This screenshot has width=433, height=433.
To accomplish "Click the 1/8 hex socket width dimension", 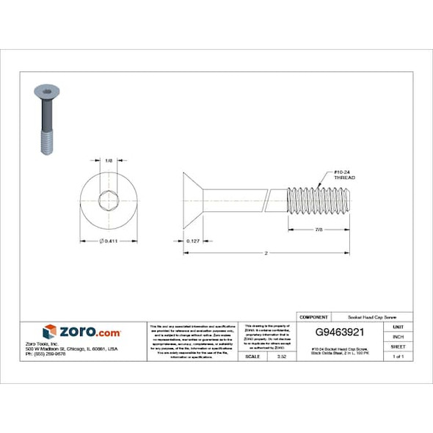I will [x=109, y=160].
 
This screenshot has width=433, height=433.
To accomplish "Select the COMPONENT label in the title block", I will [x=314, y=316].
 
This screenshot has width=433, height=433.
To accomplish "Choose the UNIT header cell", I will [x=398, y=327].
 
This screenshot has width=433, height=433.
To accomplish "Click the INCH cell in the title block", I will [x=398, y=336].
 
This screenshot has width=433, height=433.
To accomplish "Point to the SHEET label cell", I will [x=398, y=346].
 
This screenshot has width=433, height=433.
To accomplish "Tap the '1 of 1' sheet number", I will [x=398, y=357].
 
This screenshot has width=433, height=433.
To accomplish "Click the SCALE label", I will [x=253, y=357].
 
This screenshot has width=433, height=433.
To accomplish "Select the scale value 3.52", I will [x=281, y=357].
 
